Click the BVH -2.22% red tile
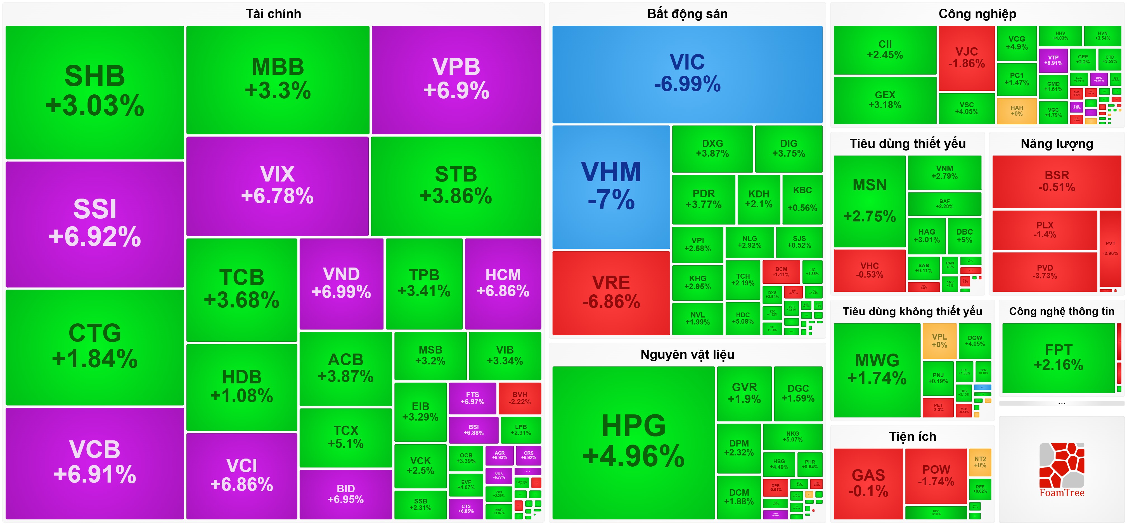coord(520,398)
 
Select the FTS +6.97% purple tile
coord(472,398)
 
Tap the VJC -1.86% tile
coord(967,58)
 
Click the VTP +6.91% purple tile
coord(1053,60)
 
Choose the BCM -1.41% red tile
coord(781,271)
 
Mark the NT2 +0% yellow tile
coord(980,462)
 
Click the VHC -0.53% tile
coord(869,270)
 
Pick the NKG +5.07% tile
coord(792,436)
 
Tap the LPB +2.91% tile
coord(521,430)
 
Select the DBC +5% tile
coord(964,236)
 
